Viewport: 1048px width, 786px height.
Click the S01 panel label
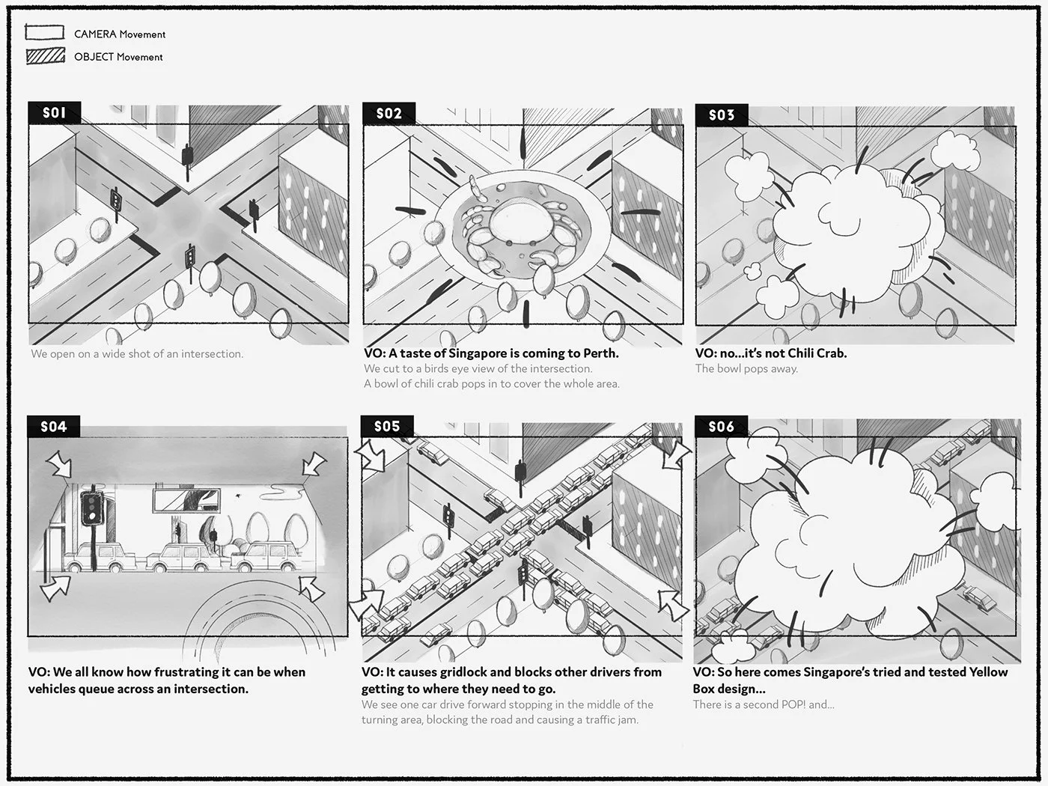(54, 113)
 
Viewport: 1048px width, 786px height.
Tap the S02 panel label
(389, 114)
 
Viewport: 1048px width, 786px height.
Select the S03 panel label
(722, 115)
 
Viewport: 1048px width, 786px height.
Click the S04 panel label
(53, 427)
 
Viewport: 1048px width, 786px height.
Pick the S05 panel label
(387, 427)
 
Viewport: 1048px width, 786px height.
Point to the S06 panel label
(721, 427)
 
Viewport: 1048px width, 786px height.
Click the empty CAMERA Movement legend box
(45, 32)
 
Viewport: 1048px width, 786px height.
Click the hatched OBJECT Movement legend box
(45, 56)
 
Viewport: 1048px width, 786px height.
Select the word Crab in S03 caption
(831, 353)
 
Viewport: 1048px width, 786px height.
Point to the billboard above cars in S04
(186, 499)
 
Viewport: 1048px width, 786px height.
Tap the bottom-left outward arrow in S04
(55, 588)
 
